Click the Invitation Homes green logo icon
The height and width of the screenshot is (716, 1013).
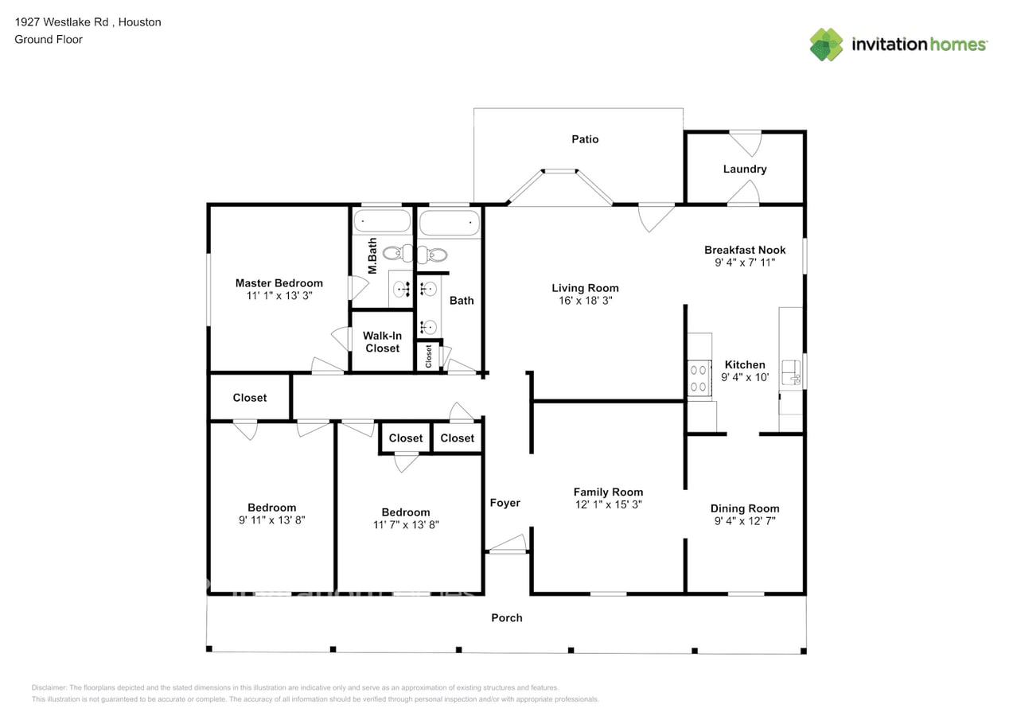pyautogui.click(x=826, y=45)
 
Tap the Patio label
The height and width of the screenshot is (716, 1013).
pyautogui.click(x=585, y=139)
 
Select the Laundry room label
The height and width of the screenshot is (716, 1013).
pyautogui.click(x=744, y=169)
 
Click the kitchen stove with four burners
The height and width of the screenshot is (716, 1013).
pyautogui.click(x=699, y=378)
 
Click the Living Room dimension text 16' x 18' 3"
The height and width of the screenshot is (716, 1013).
pyautogui.click(x=585, y=301)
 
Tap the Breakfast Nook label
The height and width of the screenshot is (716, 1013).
pyautogui.click(x=744, y=250)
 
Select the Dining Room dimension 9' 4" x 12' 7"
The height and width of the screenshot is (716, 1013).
pyautogui.click(x=744, y=521)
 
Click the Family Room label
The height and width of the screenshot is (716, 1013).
pyautogui.click(x=608, y=492)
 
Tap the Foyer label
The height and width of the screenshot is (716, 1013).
pyautogui.click(x=505, y=503)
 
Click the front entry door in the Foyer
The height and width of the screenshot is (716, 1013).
pyautogui.click(x=508, y=544)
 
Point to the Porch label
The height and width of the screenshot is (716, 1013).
pyautogui.click(x=506, y=618)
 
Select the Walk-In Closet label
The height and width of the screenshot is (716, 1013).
pyautogui.click(x=382, y=342)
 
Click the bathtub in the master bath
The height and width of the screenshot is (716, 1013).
pyautogui.click(x=382, y=221)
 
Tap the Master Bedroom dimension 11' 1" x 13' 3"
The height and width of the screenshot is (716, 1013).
pyautogui.click(x=279, y=296)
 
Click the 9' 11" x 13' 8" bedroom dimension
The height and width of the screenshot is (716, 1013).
pyautogui.click(x=272, y=520)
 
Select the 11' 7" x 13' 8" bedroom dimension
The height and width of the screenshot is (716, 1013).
pyautogui.click(x=406, y=525)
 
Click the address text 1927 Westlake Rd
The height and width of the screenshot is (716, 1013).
pyautogui.click(x=61, y=22)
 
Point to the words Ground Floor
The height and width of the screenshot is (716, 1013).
pyautogui.click(x=49, y=39)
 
